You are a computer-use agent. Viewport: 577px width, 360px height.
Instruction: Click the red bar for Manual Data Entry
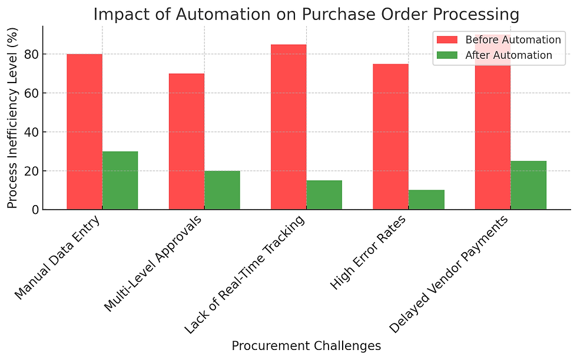point(84,131)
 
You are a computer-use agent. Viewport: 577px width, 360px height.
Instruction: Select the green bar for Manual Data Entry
point(120,180)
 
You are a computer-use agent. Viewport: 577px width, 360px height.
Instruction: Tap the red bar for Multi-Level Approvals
point(187,141)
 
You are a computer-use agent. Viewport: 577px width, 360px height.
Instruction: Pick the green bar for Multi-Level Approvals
point(222,190)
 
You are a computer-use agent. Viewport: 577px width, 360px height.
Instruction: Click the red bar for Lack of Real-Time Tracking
point(288,127)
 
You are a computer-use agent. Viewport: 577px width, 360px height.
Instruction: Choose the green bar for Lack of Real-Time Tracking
point(324,195)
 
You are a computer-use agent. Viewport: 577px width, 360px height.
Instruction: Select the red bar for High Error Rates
point(390,137)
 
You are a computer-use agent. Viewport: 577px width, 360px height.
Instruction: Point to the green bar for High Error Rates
point(426,200)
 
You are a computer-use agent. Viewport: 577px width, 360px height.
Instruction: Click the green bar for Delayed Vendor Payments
point(528,185)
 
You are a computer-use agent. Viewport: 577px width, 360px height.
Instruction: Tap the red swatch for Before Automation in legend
point(447,40)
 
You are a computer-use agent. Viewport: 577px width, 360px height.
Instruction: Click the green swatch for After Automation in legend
point(447,55)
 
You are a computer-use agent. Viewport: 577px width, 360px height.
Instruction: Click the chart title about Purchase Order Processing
point(306,14)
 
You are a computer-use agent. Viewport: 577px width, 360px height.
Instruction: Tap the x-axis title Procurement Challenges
point(306,346)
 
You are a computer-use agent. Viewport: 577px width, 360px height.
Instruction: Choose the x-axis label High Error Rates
point(372,252)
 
